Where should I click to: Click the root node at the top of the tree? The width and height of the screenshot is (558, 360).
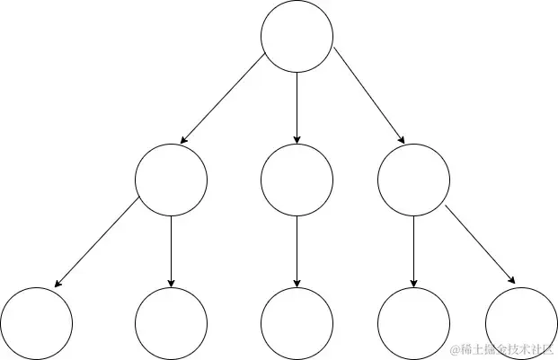click(297, 36)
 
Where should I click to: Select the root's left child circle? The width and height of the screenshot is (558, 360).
click(171, 180)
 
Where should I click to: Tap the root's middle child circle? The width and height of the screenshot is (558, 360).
click(297, 180)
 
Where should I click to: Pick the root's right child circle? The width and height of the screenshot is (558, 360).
click(413, 180)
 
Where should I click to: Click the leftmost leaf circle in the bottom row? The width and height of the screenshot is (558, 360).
click(36, 323)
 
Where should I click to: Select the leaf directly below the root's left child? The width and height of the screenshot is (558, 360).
click(171, 323)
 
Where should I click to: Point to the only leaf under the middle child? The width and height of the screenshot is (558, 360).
click(297, 323)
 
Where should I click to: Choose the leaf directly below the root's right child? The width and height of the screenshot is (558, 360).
click(413, 323)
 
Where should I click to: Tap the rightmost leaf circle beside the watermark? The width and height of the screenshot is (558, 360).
click(519, 323)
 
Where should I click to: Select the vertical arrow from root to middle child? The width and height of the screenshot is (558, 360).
click(297, 108)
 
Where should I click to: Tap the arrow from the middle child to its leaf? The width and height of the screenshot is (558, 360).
click(297, 251)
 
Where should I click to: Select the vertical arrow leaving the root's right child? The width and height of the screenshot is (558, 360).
click(413, 251)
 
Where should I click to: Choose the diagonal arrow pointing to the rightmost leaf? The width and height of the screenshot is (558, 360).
click(481, 245)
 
